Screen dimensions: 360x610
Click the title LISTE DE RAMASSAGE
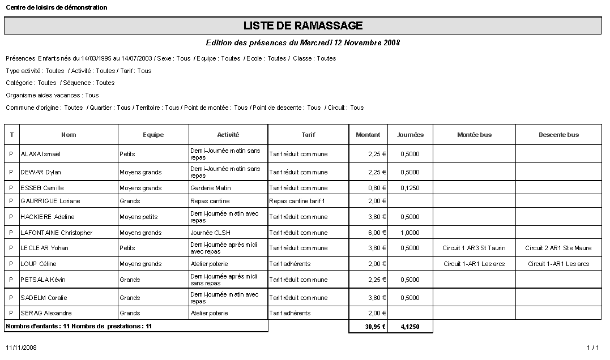click(x=303, y=26)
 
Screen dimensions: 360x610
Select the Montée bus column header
click(x=474, y=135)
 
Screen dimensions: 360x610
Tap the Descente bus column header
click(x=558, y=135)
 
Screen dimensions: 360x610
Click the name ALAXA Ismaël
click(x=40, y=154)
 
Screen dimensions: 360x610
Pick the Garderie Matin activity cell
click(x=211, y=188)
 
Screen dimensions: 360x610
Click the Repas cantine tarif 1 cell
click(x=297, y=201)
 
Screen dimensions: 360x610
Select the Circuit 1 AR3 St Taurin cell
click(x=474, y=248)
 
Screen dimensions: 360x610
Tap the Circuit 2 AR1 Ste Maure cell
click(x=558, y=248)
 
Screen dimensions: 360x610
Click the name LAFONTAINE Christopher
click(x=56, y=233)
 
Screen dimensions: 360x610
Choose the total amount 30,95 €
click(x=375, y=327)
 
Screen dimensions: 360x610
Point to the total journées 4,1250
click(x=409, y=327)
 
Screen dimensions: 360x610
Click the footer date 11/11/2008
click(x=21, y=348)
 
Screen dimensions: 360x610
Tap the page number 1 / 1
click(x=592, y=348)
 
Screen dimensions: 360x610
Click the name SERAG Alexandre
click(x=46, y=313)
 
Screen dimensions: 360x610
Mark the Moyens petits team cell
click(x=139, y=217)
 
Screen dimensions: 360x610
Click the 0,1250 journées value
click(x=409, y=188)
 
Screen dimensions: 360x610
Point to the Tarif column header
click(x=308, y=135)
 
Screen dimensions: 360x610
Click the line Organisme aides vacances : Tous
click(x=52, y=95)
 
